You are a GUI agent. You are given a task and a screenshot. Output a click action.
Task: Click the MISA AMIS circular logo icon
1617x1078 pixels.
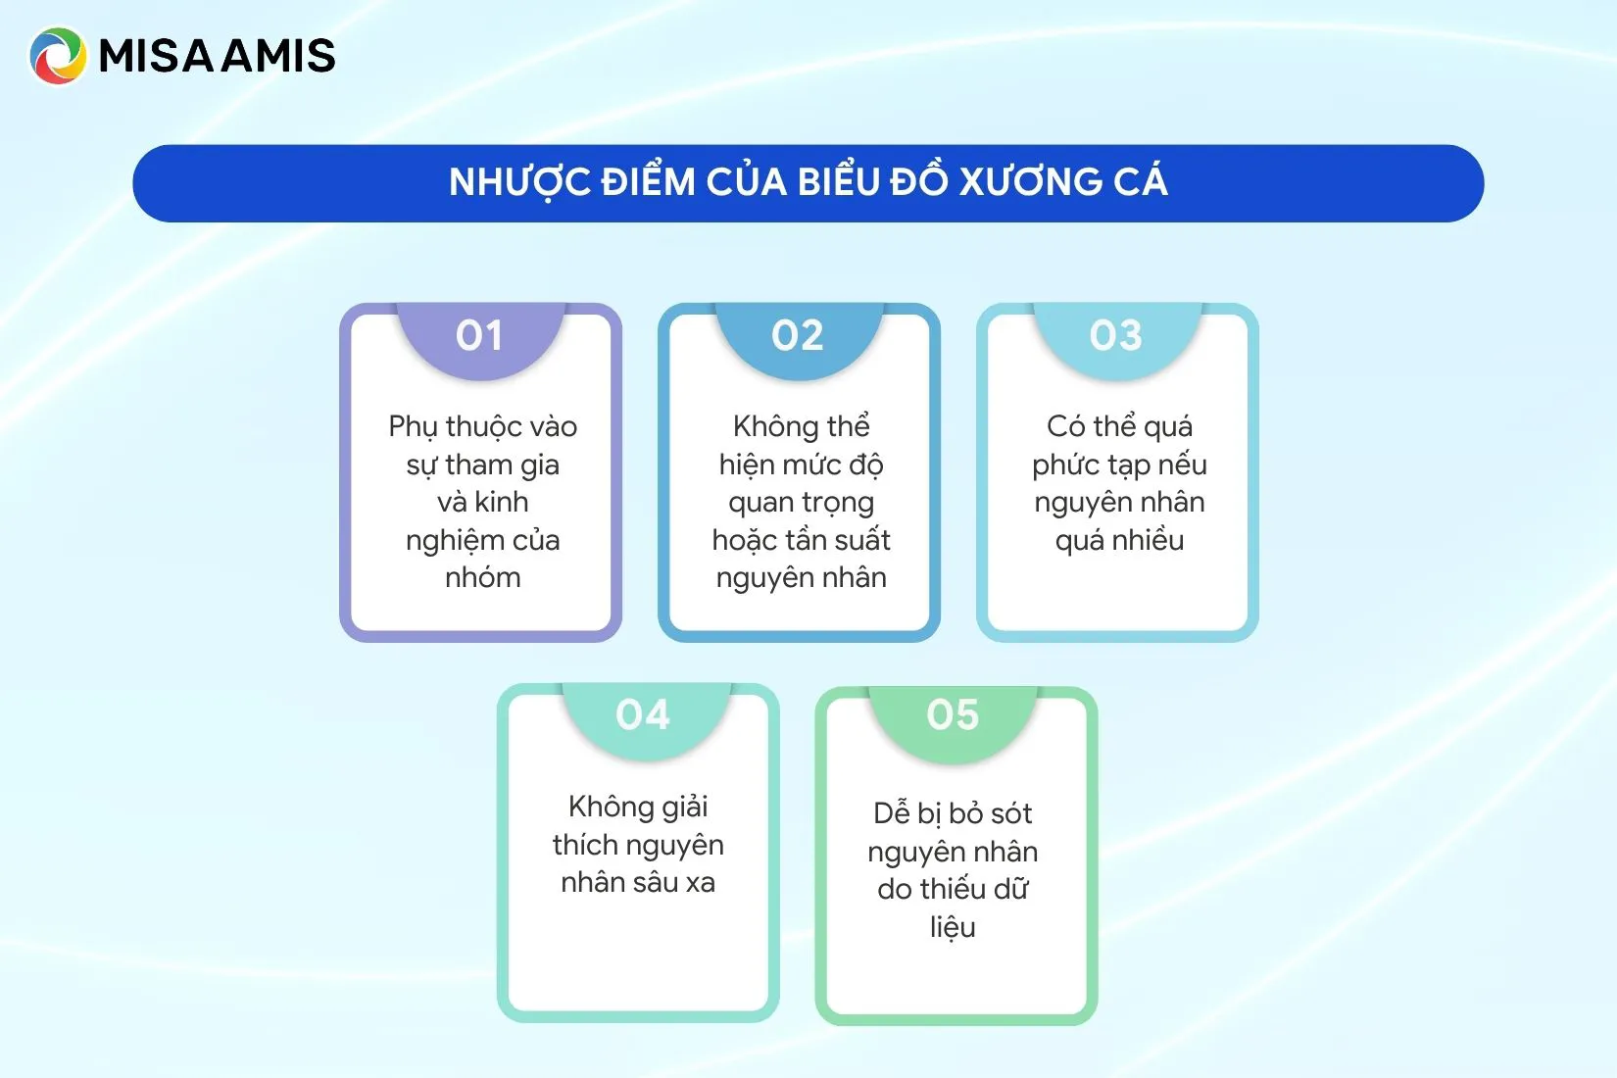[58, 55]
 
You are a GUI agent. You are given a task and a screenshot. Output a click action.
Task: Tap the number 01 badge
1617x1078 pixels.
[479, 336]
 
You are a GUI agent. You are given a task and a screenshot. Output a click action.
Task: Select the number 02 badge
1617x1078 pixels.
[798, 336]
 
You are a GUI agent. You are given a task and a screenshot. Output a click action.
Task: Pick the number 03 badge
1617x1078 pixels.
[1116, 336]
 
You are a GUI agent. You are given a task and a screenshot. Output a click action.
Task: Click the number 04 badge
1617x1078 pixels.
[643, 715]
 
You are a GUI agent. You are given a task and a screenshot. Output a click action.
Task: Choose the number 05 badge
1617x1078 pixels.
[953, 715]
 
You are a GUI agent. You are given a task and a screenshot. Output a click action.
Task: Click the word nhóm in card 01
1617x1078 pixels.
[483, 577]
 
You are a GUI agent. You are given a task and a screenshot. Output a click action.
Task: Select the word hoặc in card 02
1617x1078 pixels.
[747, 540]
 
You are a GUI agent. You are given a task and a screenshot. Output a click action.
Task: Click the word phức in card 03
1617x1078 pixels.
[1067, 465]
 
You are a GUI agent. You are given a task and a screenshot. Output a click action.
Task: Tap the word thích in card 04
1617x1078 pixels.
[585, 845]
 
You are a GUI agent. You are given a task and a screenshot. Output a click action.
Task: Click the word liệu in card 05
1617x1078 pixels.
[953, 927]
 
